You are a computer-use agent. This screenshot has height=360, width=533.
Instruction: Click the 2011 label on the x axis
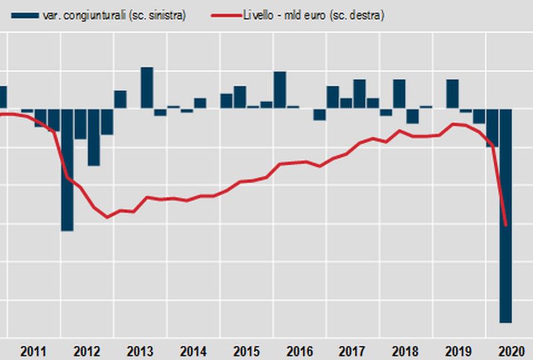(33, 351)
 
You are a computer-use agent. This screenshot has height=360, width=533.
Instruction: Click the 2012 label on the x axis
(87, 351)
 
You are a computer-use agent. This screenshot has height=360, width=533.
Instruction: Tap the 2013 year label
(140, 351)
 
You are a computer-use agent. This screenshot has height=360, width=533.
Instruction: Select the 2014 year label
(193, 351)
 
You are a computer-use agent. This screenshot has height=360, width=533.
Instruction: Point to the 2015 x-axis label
(247, 351)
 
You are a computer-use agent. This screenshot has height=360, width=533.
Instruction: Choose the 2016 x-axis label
(300, 351)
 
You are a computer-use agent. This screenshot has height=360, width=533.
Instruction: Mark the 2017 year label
(353, 351)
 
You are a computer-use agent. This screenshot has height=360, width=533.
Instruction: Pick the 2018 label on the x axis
(406, 351)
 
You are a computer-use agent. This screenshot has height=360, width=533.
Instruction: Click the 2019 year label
(459, 351)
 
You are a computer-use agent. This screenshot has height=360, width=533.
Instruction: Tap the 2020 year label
(512, 351)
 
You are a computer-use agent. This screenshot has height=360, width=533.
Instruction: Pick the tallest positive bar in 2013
(147, 87)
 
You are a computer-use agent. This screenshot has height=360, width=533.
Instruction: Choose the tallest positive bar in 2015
(280, 89)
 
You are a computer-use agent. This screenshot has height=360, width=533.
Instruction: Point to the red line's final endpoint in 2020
(506, 225)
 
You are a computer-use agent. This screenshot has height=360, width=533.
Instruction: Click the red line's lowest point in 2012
(107, 217)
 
